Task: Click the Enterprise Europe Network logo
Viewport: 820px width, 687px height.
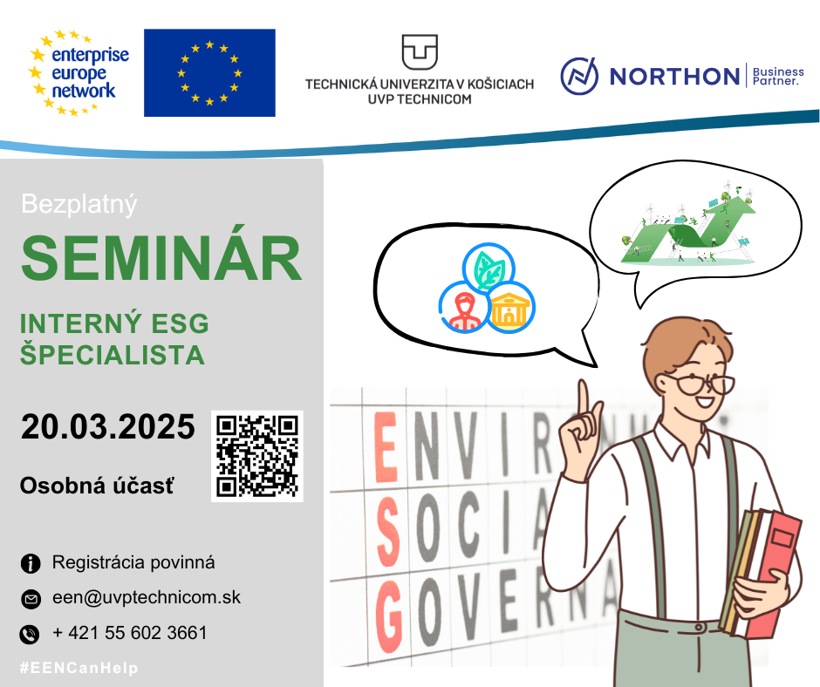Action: [x=79, y=72]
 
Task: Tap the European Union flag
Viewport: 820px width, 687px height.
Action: [x=209, y=72]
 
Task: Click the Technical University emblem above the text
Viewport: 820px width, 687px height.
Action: [x=420, y=52]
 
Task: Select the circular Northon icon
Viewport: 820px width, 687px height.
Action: [x=579, y=77]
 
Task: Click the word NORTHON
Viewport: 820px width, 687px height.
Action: [x=674, y=77]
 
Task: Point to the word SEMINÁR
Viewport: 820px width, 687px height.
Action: [x=161, y=258]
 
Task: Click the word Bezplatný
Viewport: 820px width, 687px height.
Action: [x=79, y=204]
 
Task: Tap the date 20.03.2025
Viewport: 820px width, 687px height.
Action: [x=107, y=426]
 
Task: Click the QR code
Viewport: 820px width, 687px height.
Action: [x=257, y=456]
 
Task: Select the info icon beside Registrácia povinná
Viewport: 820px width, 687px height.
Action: [x=31, y=563]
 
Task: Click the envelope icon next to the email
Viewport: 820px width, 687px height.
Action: [x=31, y=599]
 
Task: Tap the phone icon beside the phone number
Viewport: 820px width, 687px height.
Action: [x=30, y=634]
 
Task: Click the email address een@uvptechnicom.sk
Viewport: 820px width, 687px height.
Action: [x=147, y=597]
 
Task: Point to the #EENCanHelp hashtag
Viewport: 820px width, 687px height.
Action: [x=79, y=668]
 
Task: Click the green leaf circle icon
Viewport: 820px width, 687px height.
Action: [x=489, y=269]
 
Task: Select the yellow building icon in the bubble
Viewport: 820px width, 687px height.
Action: [x=510, y=308]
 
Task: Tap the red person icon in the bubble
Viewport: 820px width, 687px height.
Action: [x=464, y=308]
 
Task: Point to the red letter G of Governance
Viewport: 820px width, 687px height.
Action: [x=388, y=617]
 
